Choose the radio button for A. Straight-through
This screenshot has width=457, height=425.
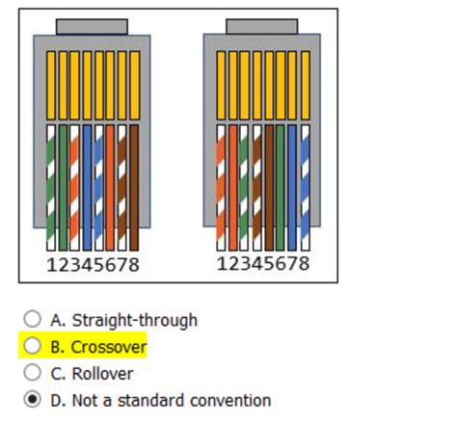[x=32, y=319]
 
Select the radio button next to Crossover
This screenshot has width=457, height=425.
[x=32, y=346]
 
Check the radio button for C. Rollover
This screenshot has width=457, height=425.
[x=32, y=373]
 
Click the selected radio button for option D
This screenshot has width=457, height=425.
[x=32, y=400]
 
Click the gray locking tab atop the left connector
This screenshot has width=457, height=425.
[x=92, y=26]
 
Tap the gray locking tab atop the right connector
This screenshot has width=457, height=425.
[x=261, y=26]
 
